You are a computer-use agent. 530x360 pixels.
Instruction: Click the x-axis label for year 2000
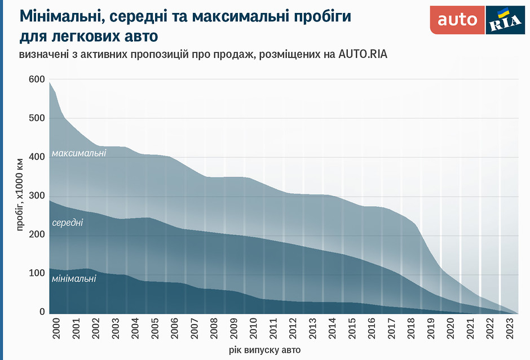pyautogui.click(x=56, y=329)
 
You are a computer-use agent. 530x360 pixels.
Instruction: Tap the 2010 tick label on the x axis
pyautogui.click(x=253, y=329)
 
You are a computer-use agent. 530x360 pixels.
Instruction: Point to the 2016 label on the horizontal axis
pyautogui.click(x=371, y=329)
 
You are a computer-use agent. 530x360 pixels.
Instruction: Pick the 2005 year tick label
pyautogui.click(x=154, y=329)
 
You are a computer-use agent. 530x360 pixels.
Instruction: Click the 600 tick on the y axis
pyautogui.click(x=36, y=79)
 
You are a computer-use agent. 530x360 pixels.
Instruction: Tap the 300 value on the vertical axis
pyautogui.click(x=36, y=196)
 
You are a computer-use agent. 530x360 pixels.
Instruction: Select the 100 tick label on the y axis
pyautogui.click(x=36, y=273)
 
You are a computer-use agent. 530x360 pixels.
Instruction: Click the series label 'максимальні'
pyautogui.click(x=78, y=153)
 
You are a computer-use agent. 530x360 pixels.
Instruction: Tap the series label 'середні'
pyautogui.click(x=68, y=223)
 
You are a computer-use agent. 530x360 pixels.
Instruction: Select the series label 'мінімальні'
pyautogui.click(x=74, y=278)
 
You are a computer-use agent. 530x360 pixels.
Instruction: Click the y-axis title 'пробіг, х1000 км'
pyautogui.click(x=20, y=194)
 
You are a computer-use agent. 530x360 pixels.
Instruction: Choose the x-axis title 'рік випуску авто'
pyautogui.click(x=264, y=350)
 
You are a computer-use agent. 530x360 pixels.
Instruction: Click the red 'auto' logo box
pyautogui.click(x=457, y=20)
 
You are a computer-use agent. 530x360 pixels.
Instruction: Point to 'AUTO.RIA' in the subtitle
pyautogui.click(x=363, y=55)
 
